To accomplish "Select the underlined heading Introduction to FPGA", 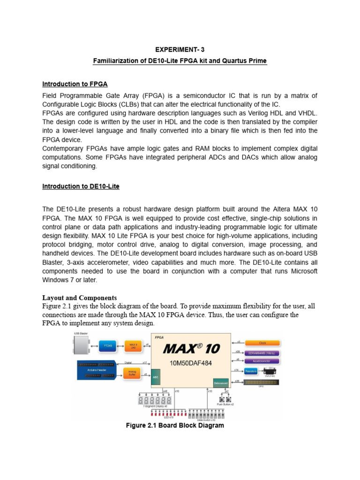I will point(75,84).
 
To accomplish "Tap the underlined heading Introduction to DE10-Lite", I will point(81,186).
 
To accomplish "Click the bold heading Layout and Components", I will point(79,298).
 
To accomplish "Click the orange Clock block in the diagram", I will point(262,343).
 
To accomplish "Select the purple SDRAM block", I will point(262,352).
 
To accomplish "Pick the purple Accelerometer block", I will point(262,361).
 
